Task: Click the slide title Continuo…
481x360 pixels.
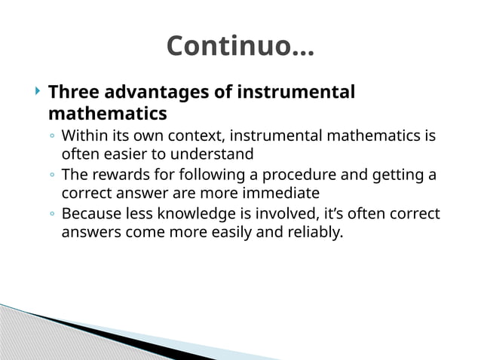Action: pos(240,46)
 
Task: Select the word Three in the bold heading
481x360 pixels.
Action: pos(73,93)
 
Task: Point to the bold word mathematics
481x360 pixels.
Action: pos(107,114)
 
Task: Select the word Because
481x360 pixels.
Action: pos(92,214)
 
